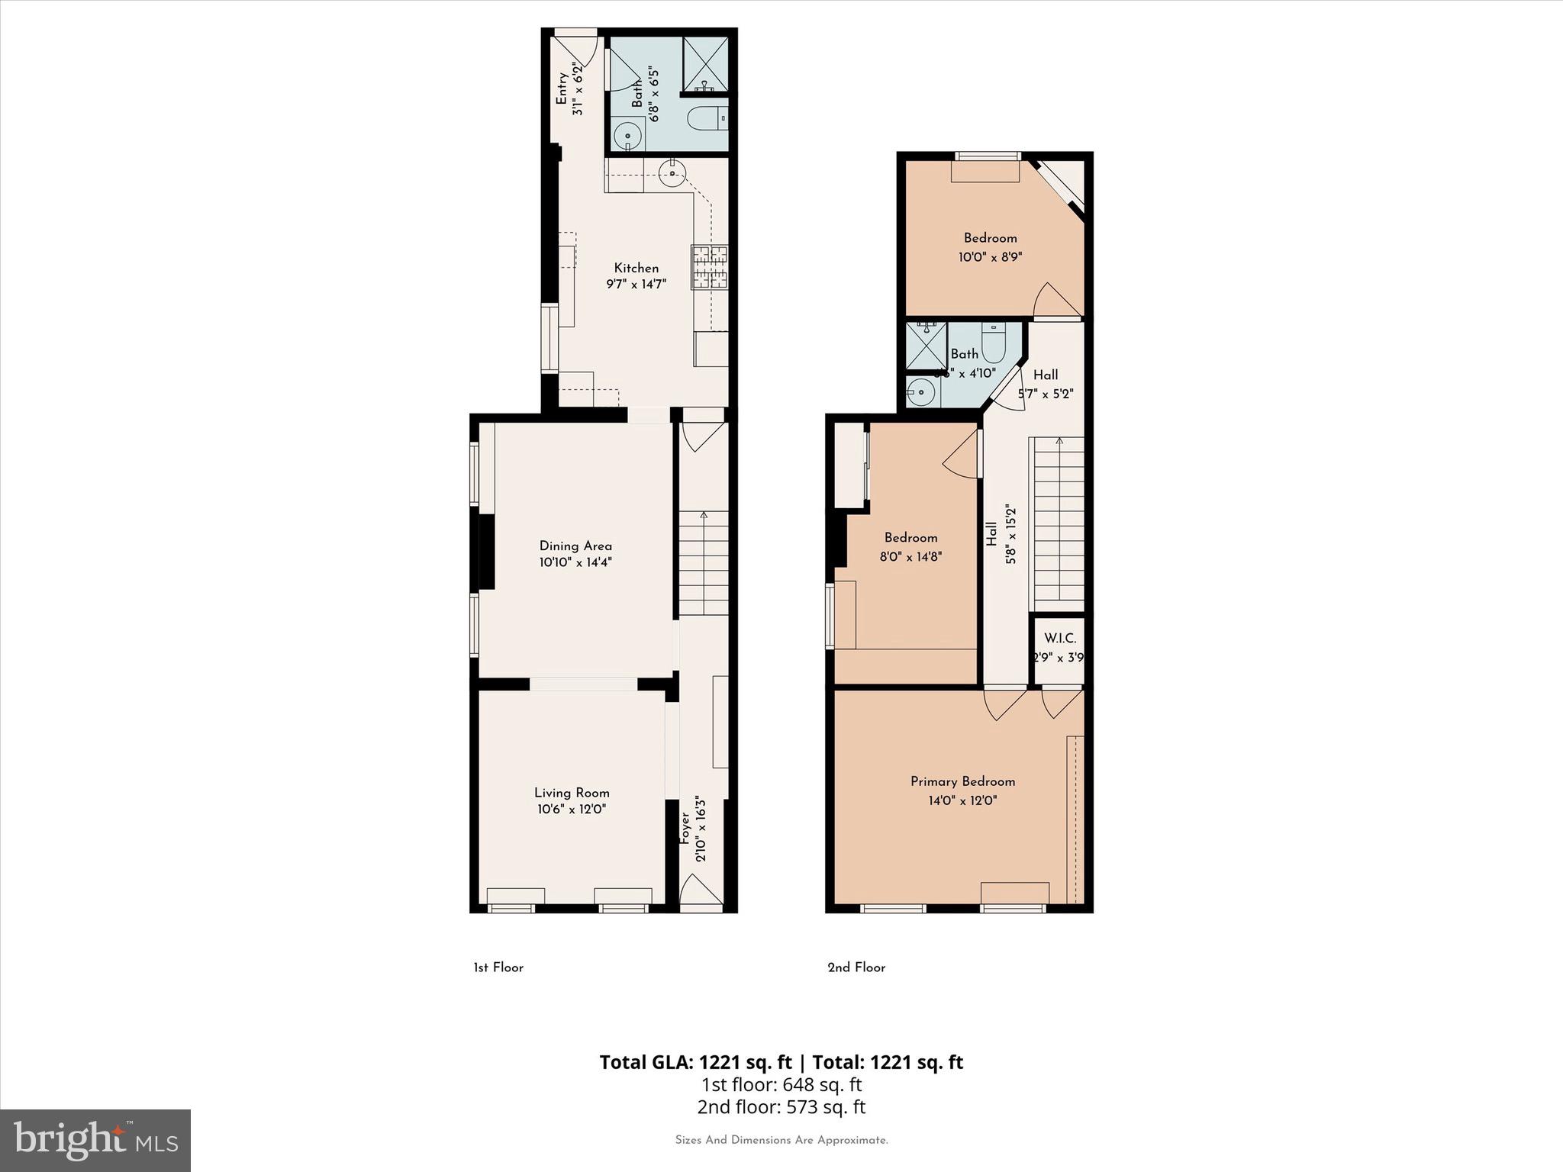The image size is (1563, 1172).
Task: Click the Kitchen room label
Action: point(636,268)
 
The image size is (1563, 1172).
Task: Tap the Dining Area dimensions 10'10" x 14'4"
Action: point(575,563)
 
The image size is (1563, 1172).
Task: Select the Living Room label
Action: point(572,793)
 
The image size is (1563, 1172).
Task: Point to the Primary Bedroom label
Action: point(962,781)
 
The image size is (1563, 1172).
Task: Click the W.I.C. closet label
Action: point(1060,638)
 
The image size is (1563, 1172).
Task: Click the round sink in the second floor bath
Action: point(922,393)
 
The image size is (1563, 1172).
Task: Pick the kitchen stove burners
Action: point(710,267)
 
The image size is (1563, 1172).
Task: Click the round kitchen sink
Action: point(672,173)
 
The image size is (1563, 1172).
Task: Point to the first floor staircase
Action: point(704,565)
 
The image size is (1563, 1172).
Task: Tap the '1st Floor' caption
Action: point(498,968)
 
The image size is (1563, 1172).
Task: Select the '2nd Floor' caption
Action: point(856,968)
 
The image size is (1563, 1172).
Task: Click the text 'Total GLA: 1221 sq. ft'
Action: point(697,1062)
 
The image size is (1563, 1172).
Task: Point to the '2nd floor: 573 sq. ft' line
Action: point(781,1106)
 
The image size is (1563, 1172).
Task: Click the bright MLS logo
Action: point(95,1140)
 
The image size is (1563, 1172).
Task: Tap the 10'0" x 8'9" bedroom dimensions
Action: point(990,258)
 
